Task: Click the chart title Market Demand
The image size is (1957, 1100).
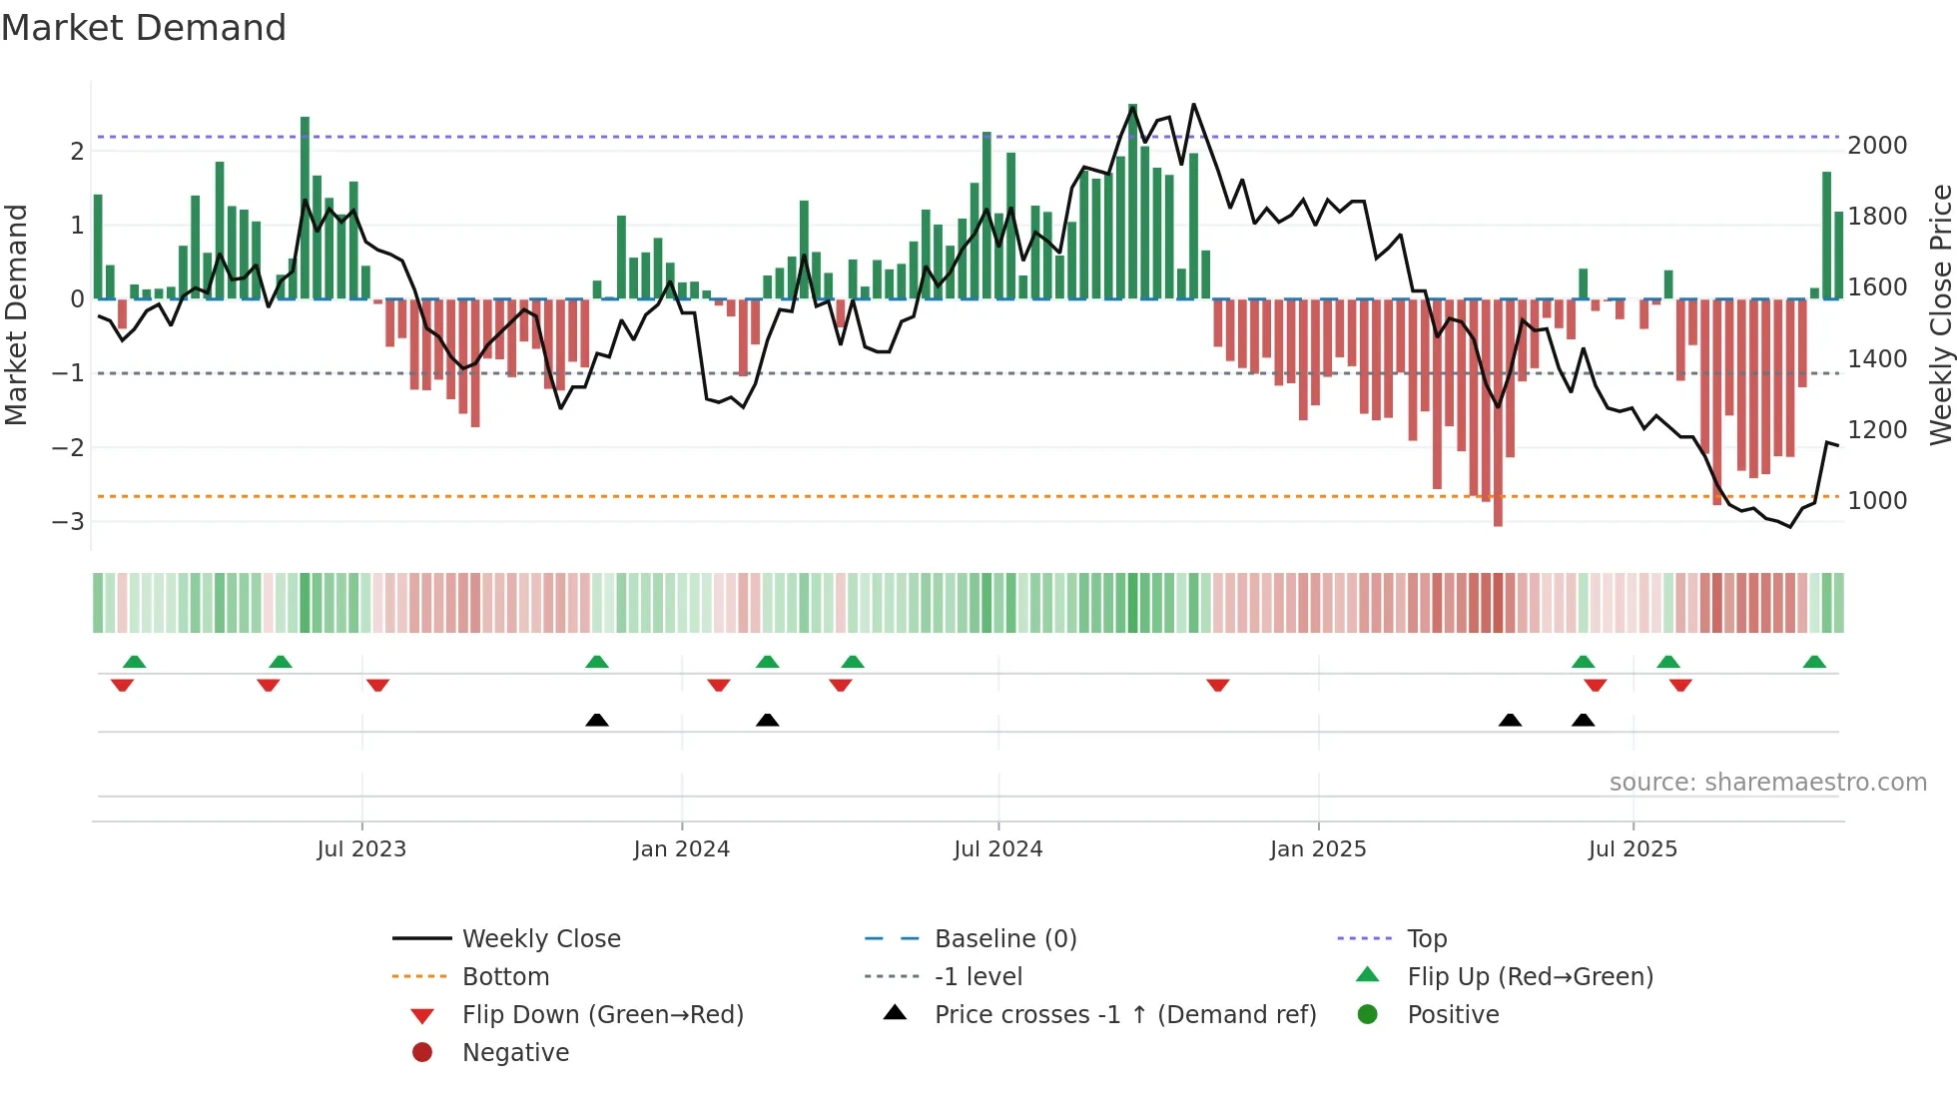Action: point(144,28)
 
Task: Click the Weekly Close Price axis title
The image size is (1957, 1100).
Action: point(1940,314)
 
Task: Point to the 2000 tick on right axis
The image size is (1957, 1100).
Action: point(1877,146)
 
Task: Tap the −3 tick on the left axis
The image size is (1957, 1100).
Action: point(68,522)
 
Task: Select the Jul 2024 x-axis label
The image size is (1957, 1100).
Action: point(997,849)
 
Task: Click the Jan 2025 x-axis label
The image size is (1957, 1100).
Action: point(1317,849)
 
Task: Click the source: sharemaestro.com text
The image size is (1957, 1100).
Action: point(1767,783)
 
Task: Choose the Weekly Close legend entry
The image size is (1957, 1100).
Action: point(540,939)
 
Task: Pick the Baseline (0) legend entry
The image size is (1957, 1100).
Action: point(1004,939)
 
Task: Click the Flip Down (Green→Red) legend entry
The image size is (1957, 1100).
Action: point(602,1015)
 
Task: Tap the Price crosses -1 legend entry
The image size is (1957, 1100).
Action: point(1124,1015)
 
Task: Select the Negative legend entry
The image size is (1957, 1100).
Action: point(515,1053)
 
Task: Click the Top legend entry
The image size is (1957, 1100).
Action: point(1426,939)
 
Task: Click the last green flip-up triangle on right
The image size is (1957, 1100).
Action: point(1814,662)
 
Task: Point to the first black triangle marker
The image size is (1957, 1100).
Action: point(596,720)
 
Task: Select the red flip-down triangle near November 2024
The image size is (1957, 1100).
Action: point(1217,685)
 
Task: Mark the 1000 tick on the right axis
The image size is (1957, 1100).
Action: point(1877,501)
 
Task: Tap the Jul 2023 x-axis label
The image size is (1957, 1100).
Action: point(361,849)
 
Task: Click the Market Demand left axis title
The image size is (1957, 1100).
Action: point(17,314)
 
